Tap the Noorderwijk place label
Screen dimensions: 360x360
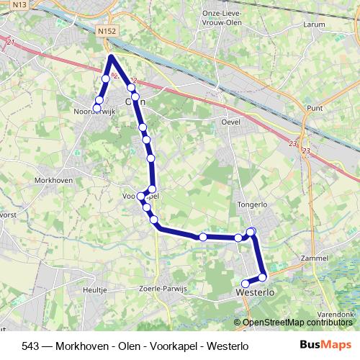pos(94,112)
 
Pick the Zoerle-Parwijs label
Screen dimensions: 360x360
pos(163,289)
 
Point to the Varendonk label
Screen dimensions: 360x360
pos(336,315)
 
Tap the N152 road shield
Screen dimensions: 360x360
pos(106,32)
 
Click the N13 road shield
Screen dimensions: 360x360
pos(19,4)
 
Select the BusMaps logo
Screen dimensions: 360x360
pos(326,345)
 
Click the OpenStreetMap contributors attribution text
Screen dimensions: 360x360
pos(299,322)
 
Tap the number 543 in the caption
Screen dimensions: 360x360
pos(30,346)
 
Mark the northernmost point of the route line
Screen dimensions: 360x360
pos(112,55)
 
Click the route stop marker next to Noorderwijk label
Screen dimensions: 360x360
pos(97,108)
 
